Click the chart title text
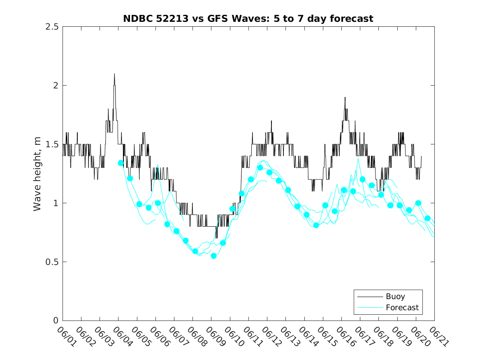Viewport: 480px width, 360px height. point(248,19)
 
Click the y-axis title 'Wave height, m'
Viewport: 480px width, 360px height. point(37,173)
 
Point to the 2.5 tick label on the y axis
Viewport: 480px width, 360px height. point(52,27)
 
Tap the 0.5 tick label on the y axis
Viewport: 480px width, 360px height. point(52,262)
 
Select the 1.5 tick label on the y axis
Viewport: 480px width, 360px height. point(52,144)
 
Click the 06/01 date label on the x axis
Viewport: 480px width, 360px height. point(66,337)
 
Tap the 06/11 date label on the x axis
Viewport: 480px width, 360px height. point(252,337)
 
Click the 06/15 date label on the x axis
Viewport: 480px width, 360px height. point(327,337)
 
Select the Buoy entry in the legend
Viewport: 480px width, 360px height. point(395,296)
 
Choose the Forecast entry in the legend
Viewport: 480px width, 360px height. point(402,307)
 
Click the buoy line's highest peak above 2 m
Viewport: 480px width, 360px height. point(114,74)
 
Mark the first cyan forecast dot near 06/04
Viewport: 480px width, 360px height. point(121,163)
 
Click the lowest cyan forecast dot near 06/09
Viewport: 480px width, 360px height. point(213,256)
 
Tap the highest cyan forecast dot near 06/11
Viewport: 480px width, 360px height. point(260,167)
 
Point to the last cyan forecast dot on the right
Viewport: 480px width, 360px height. point(427,218)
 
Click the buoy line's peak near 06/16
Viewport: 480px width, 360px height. point(345,98)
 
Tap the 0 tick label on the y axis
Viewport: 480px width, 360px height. point(56,321)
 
